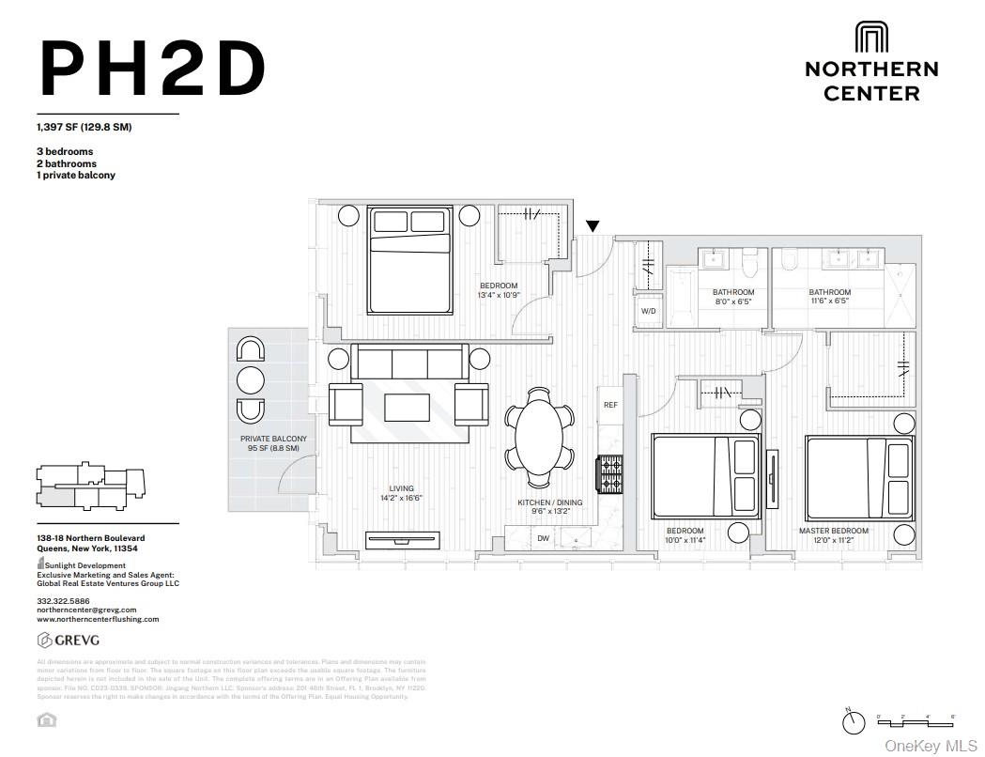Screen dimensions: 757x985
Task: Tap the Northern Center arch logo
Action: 870,38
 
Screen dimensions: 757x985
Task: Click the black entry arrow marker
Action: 593,226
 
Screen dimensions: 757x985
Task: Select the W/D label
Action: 648,311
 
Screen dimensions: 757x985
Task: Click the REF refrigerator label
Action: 610,405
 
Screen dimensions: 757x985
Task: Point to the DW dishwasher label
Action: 543,538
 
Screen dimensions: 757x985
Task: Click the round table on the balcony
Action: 251,380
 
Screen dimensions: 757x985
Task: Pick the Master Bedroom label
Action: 833,531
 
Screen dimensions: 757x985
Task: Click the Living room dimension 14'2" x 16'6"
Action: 402,499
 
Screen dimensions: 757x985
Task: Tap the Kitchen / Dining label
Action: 549,502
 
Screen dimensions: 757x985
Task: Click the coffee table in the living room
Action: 407,407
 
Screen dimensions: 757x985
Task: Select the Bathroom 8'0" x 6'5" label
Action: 732,297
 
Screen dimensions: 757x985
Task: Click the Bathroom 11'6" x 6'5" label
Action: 829,297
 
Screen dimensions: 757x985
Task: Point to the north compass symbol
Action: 854,722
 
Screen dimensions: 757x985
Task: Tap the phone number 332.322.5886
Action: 63,600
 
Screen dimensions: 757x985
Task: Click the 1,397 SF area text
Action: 84,127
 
